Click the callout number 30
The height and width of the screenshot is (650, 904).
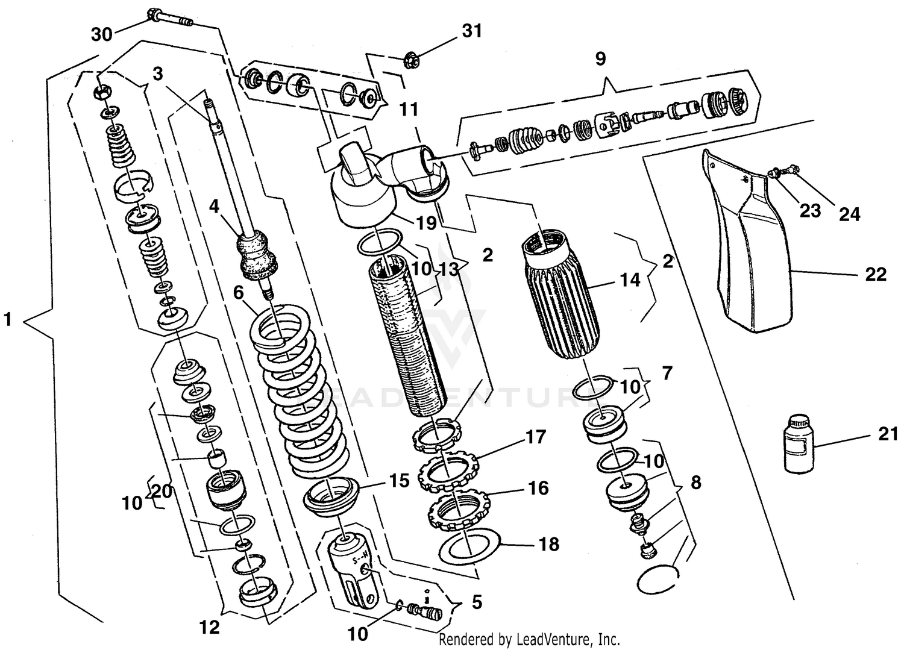[x=102, y=35]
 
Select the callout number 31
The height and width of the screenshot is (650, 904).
[x=472, y=31]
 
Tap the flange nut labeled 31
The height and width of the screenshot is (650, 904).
[x=413, y=59]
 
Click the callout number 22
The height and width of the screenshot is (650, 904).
[x=876, y=275]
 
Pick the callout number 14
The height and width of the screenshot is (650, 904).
[x=630, y=280]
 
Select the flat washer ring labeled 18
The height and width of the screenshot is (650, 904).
[x=468, y=546]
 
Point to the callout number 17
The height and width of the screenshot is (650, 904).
[x=535, y=437]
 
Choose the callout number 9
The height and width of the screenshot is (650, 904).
[x=600, y=59]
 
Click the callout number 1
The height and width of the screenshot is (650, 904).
[x=8, y=319]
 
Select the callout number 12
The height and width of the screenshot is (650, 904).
[x=209, y=628]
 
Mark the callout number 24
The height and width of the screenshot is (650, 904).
[x=850, y=213]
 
